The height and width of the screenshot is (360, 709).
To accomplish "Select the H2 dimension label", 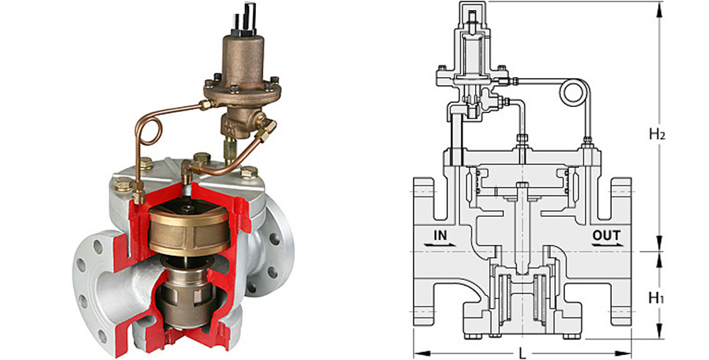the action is (657, 133).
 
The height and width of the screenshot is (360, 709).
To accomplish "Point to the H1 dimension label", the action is (657, 298).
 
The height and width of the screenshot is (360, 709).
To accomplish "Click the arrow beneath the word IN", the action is (440, 244).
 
